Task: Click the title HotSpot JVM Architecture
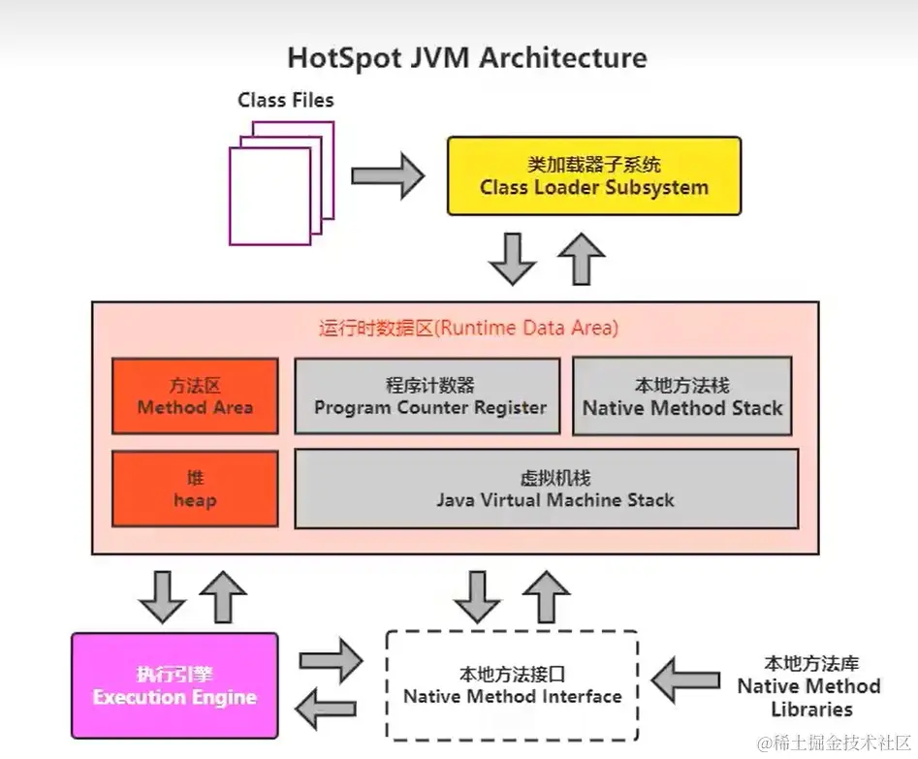[466, 57]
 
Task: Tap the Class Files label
[286, 100]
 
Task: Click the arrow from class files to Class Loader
[387, 176]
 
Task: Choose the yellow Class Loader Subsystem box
[593, 175]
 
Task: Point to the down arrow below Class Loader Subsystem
[512, 258]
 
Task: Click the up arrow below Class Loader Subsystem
[582, 258]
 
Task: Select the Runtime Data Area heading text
[467, 328]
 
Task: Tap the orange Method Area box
[195, 395]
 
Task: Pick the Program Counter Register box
[427, 395]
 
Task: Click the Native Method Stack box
[681, 395]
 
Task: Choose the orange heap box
[195, 490]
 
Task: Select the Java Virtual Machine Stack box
[546, 490]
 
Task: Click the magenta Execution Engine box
[174, 685]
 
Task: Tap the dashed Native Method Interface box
[512, 684]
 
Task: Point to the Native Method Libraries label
[807, 685]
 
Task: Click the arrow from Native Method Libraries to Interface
[686, 679]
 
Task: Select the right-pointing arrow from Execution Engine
[331, 662]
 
